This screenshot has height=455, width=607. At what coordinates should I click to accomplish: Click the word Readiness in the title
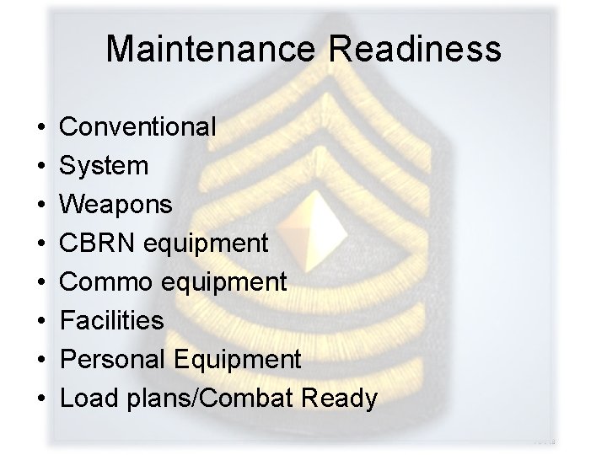pyautogui.click(x=415, y=49)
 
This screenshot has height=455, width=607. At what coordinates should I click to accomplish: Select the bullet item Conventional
pyautogui.click(x=139, y=127)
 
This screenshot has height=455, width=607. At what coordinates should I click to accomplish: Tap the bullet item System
pyautogui.click(x=105, y=166)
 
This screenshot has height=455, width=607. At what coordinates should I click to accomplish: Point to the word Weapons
pyautogui.click(x=117, y=205)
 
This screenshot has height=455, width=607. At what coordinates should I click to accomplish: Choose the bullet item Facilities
pyautogui.click(x=113, y=321)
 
